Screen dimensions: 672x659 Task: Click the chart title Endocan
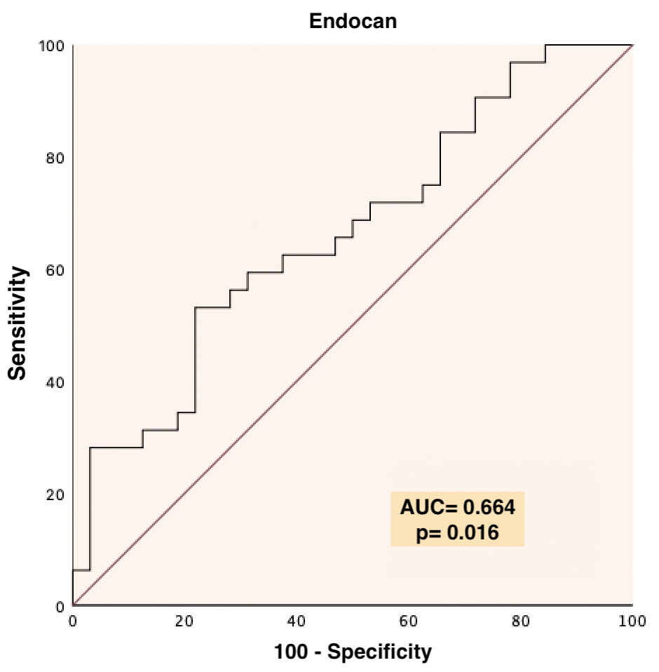[x=353, y=21]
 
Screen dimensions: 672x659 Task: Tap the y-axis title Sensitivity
[x=18, y=323]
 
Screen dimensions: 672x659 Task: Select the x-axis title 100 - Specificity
[x=353, y=652]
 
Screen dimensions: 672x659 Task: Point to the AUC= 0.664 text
[x=457, y=507]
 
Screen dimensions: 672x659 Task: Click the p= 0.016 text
[x=457, y=532]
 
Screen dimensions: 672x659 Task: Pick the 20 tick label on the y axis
[x=56, y=494]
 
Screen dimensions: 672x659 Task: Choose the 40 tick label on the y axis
[x=56, y=382]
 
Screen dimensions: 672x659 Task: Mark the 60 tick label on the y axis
[x=56, y=270]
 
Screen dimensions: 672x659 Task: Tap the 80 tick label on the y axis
[x=56, y=158]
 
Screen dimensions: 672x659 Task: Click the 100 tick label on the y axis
[x=53, y=46]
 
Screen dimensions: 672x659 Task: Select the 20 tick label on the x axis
[x=184, y=621]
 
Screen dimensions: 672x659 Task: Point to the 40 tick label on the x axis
[x=297, y=621]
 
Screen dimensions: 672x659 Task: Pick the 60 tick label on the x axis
[x=409, y=621]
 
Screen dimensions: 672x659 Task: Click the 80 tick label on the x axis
[x=521, y=621]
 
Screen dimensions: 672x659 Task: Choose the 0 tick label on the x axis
[x=72, y=621]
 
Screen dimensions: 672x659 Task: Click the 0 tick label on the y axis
[x=61, y=606]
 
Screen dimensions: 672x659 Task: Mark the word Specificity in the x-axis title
[x=381, y=652]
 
